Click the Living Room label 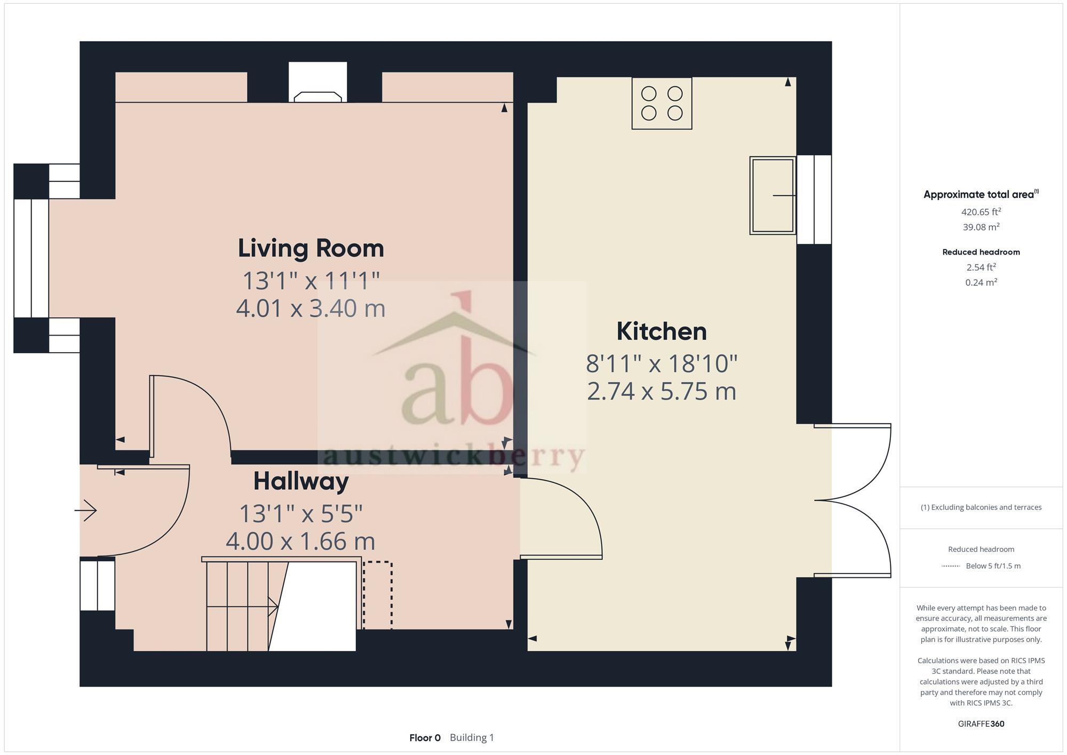pos(310,249)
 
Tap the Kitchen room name pos(662,331)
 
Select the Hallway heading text pos(301,481)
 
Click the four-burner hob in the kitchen pos(662,103)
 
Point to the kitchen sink pos(773,195)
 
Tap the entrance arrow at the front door pos(85,511)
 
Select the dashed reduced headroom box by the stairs pos(378,595)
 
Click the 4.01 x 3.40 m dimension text pos(310,309)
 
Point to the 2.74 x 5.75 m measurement pos(662,392)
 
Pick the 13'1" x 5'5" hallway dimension pos(301,514)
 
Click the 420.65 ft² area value pos(981,212)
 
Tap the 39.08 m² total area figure pos(981,227)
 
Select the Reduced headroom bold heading pos(981,252)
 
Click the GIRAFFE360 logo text pos(981,724)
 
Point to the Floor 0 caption pos(425,738)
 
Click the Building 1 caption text pos(472,738)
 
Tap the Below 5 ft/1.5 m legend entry pos(992,566)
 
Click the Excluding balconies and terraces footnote pos(981,507)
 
